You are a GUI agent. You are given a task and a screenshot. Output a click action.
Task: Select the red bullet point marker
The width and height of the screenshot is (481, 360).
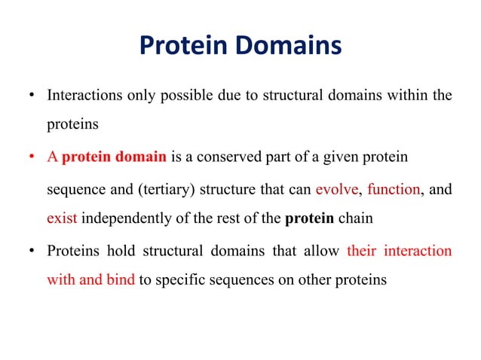[x=32, y=157]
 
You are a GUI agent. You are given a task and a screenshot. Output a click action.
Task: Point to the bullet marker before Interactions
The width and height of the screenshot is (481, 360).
[x=32, y=96]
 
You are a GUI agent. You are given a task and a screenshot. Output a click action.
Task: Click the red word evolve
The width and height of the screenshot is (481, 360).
[x=337, y=189]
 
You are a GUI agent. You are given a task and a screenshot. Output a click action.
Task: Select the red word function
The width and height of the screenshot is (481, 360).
[x=393, y=189]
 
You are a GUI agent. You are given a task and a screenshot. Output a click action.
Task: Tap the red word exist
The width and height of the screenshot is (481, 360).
[x=62, y=219]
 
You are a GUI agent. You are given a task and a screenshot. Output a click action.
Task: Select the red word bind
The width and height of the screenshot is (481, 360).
[x=120, y=280]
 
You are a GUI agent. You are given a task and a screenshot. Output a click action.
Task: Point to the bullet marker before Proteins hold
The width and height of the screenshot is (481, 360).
[x=32, y=251]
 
